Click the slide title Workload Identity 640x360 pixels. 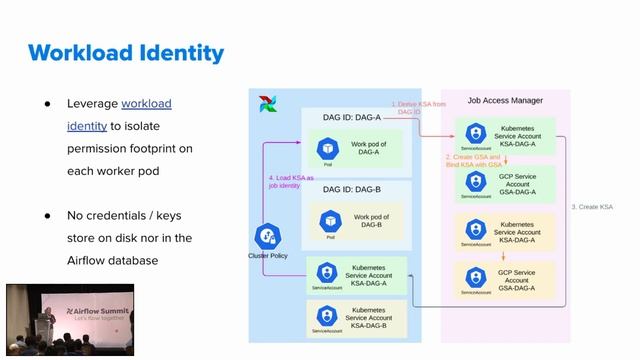click(x=126, y=52)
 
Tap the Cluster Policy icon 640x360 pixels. click(x=267, y=236)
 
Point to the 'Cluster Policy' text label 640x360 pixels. click(x=267, y=257)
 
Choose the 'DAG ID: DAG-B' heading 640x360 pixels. click(x=352, y=188)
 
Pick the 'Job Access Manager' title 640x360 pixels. click(x=504, y=100)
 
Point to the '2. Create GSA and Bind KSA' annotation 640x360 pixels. click(x=474, y=160)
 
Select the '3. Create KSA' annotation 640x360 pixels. click(x=592, y=206)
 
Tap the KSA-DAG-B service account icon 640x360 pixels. click(x=324, y=319)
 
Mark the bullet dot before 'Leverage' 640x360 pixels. click(x=46, y=104)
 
